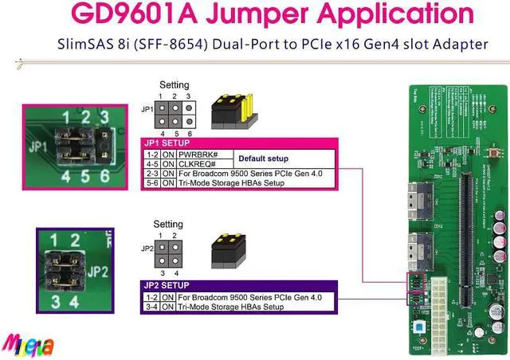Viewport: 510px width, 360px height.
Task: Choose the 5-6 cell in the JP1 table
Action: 151,183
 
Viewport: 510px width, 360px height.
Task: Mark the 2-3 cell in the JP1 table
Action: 151,174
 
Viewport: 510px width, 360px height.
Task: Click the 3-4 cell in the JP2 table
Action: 151,307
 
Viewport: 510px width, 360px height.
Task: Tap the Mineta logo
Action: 27,345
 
